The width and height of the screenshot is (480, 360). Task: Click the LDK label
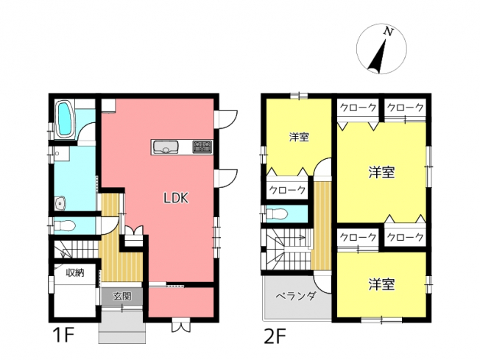(x=176, y=198)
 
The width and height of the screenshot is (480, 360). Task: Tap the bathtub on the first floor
(x=66, y=119)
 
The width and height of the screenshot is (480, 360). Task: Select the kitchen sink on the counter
(x=166, y=147)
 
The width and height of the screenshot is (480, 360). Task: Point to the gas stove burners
(x=202, y=147)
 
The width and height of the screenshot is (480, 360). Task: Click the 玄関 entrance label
(x=122, y=296)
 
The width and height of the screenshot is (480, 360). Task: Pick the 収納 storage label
(x=75, y=272)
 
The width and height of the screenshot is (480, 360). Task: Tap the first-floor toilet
(x=64, y=227)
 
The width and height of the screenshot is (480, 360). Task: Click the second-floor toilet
(x=277, y=214)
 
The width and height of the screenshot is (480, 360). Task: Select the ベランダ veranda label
(x=296, y=297)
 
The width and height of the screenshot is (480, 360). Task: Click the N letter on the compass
(x=388, y=32)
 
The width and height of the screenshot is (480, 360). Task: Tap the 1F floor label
(x=63, y=336)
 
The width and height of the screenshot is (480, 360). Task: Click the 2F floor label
(x=275, y=336)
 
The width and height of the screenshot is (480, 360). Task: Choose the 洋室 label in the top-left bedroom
(x=299, y=137)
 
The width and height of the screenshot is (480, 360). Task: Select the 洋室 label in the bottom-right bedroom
(x=381, y=284)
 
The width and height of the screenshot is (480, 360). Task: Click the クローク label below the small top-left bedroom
(x=287, y=190)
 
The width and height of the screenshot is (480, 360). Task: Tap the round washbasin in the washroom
(x=60, y=203)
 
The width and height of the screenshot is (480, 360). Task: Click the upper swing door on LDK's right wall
(x=226, y=119)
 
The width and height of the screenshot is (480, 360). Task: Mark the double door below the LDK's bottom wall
(x=181, y=325)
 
